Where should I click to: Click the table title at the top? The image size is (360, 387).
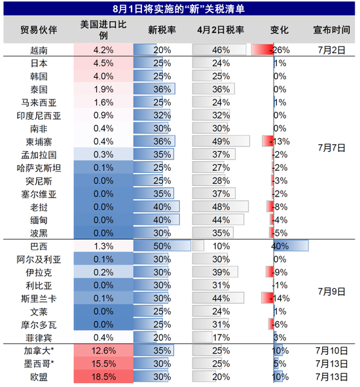pyautogui.click(x=180, y=9)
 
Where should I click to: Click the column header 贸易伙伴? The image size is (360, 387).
pyautogui.click(x=39, y=30)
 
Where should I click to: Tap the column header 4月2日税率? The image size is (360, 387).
pyautogui.click(x=221, y=30)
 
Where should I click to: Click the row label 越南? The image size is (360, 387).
pyautogui.click(x=39, y=50)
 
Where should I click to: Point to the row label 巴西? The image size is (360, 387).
pyautogui.click(x=39, y=246)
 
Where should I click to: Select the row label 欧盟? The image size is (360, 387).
pyautogui.click(x=39, y=377)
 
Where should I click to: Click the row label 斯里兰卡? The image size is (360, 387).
pyautogui.click(x=39, y=298)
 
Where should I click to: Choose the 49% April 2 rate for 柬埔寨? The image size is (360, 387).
pyautogui.click(x=221, y=141)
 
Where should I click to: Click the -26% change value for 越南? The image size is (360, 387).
pyautogui.click(x=280, y=50)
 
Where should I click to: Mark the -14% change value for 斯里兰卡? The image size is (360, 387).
pyautogui.click(x=280, y=298)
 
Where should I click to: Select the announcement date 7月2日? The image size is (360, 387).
pyautogui.click(x=331, y=50)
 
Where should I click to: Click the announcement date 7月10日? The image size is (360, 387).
pyautogui.click(x=331, y=350)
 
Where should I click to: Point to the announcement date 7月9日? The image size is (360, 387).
pyautogui.click(x=331, y=291)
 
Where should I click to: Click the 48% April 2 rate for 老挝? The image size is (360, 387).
pyautogui.click(x=221, y=207)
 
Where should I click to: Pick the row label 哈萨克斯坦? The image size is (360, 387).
pyautogui.click(x=39, y=168)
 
